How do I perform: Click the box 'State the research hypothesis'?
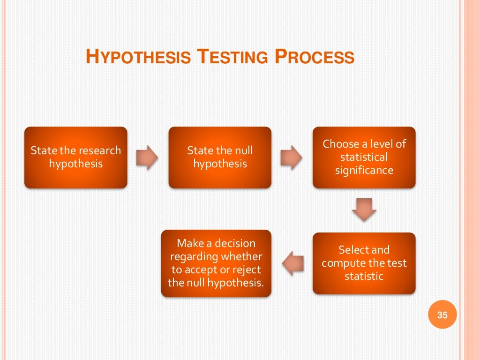pyautogui.click(x=75, y=157)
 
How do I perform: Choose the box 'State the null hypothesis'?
pyautogui.click(x=220, y=157)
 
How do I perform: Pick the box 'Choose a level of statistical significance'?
pyautogui.click(x=364, y=157)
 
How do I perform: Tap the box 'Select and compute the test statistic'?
pyautogui.click(x=364, y=263)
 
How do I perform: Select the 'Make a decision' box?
pyautogui.click(x=216, y=263)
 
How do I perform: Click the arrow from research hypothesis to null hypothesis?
pyautogui.click(x=147, y=157)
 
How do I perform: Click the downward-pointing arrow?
pyautogui.click(x=364, y=210)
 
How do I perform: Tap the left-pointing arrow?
pyautogui.click(x=293, y=263)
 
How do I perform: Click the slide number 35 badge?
pyautogui.click(x=442, y=315)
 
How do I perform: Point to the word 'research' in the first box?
pyautogui.click(x=100, y=151)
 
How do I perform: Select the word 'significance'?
pyautogui.click(x=364, y=170)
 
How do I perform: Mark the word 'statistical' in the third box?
pyautogui.click(x=364, y=157)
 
